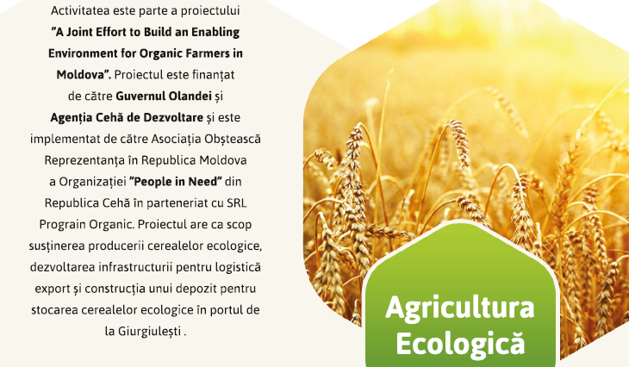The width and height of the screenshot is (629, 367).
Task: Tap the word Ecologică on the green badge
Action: click(460, 343)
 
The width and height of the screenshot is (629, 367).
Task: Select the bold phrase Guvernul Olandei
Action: click(164, 96)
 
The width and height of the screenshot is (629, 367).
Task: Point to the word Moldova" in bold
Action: click(84, 75)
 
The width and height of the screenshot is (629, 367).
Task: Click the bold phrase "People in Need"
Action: click(175, 182)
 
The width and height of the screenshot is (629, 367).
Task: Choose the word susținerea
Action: click(57, 246)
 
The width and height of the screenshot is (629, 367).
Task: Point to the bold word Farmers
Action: click(205, 53)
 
